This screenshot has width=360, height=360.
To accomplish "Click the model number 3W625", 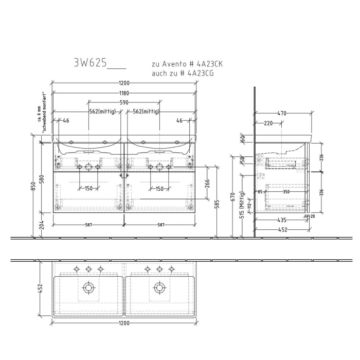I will click(91, 63).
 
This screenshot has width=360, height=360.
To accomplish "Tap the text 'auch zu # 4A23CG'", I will click(183, 74).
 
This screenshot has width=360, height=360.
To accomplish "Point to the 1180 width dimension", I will click(124, 93).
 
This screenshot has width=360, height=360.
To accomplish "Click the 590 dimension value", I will click(124, 103).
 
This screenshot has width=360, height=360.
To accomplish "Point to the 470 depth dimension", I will click(282, 113).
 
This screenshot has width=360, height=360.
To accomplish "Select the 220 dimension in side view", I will click(268, 123).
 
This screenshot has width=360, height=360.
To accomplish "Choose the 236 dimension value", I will click(322, 157).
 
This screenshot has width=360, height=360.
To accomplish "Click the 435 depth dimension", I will click(282, 220).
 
